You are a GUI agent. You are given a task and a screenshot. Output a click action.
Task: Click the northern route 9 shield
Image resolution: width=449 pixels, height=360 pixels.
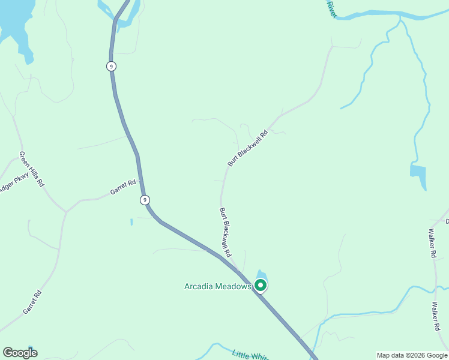(x=111, y=66)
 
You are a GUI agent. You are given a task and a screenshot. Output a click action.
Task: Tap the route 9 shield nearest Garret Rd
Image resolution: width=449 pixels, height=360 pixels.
(x=144, y=199)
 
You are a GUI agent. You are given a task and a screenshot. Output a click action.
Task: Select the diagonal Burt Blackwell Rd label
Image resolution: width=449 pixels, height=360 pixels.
(x=247, y=148)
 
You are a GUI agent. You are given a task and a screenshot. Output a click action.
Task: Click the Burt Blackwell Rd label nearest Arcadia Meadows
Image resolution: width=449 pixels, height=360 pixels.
(x=225, y=233)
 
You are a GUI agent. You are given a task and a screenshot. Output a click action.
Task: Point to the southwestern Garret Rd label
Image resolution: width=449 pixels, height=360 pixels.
(x=32, y=302)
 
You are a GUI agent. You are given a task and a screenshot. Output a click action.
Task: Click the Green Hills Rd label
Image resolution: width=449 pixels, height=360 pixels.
(x=32, y=169)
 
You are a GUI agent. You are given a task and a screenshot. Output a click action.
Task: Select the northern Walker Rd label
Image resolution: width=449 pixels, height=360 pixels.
(x=432, y=243)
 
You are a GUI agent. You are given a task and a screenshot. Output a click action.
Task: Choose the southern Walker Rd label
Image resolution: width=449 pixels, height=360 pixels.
(x=436, y=316)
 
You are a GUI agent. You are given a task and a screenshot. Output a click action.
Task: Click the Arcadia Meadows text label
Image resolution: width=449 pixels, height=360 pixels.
(x=217, y=286)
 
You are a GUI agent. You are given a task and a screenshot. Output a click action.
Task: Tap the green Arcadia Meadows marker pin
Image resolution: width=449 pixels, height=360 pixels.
(x=261, y=286)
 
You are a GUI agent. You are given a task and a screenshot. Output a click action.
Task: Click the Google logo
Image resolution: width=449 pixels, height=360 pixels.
(x=20, y=353)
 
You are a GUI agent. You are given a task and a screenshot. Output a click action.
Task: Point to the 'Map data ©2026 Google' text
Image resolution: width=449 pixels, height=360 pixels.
(x=412, y=355)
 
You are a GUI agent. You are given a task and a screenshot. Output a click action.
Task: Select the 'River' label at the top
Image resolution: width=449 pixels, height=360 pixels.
(x=331, y=8)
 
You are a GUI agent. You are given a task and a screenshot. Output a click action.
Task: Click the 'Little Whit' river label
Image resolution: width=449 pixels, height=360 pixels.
(x=251, y=355)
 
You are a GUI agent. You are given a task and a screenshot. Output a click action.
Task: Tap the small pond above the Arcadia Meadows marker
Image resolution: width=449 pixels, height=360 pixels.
(x=260, y=274)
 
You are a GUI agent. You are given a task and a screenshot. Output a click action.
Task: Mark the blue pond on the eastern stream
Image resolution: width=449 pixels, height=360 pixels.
(x=418, y=172)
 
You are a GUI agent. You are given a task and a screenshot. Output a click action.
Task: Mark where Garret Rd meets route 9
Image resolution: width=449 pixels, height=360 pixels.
(x=140, y=181)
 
